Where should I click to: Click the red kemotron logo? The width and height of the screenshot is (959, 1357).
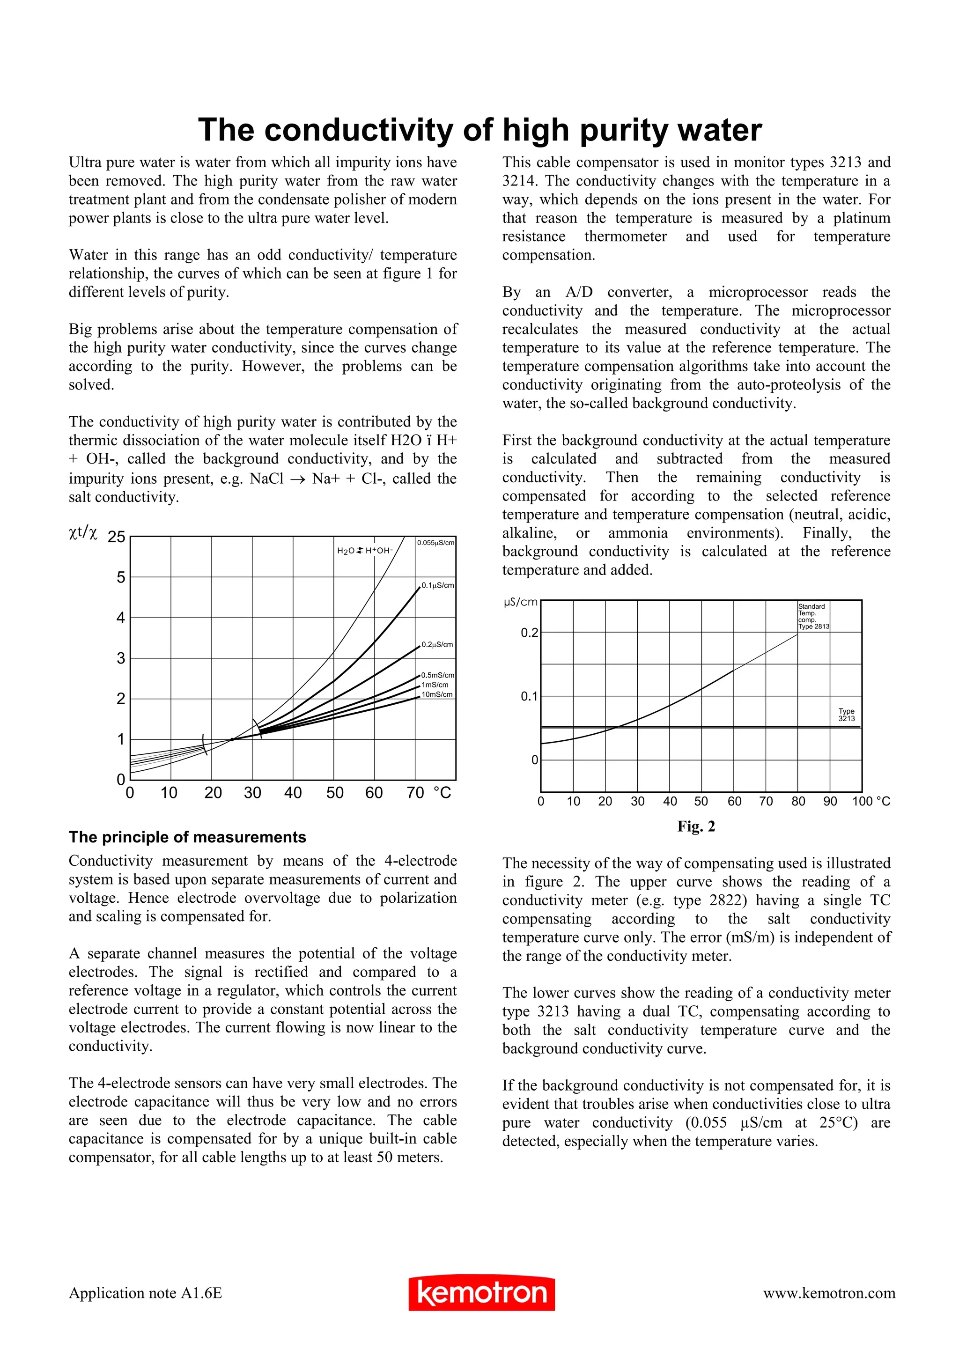point(481,1292)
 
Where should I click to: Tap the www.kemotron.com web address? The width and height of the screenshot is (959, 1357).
point(828,1292)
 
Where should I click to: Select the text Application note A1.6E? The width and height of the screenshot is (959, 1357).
point(145,1292)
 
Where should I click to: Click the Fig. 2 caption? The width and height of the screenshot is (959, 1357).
point(696,826)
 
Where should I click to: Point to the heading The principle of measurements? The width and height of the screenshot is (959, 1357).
point(187,837)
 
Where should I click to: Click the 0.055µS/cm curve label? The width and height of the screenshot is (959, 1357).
point(435,543)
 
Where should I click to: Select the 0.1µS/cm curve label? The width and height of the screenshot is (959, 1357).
point(438,585)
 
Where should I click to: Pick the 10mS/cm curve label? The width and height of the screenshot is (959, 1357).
point(437,694)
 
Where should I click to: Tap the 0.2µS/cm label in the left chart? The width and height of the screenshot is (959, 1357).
point(437,644)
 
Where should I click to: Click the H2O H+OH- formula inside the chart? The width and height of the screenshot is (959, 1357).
point(365,551)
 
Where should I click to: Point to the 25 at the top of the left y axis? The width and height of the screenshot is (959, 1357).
point(117,537)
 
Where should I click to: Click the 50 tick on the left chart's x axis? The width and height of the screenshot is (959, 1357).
point(334,793)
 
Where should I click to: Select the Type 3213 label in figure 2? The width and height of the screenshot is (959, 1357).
point(846,715)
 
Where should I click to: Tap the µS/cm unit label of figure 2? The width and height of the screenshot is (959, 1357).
point(521,602)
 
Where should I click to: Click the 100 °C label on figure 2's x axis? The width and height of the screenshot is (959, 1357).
point(870,802)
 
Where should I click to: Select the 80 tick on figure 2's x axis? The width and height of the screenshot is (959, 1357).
point(798,802)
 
